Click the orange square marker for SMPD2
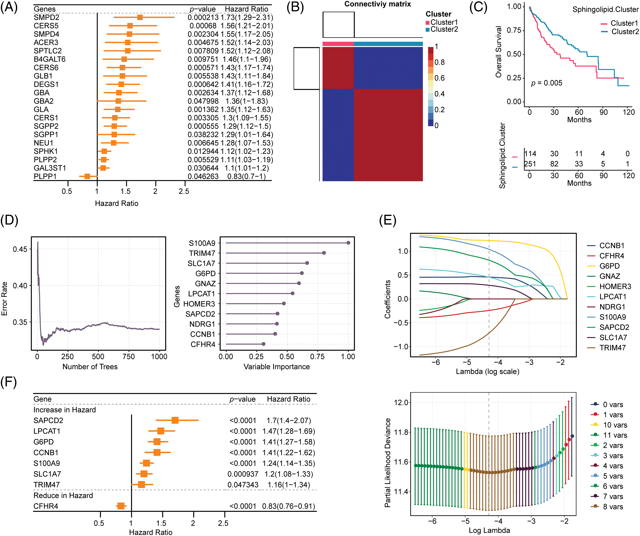[x=140, y=17]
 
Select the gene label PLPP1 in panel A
[x=45, y=176]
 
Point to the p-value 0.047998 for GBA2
[x=203, y=101]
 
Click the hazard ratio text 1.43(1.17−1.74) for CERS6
[x=247, y=68]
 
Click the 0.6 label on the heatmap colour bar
[x=439, y=78]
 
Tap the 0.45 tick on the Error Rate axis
[x=20, y=249]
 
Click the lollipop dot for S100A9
[x=348, y=243]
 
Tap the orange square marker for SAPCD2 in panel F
[x=175, y=420]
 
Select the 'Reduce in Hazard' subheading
[x=63, y=496]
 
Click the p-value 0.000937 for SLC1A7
[x=243, y=474]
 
